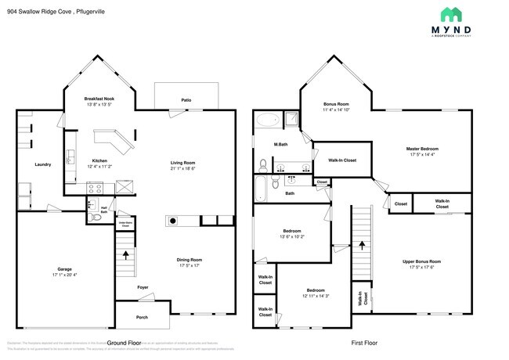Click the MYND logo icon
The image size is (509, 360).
[451, 14]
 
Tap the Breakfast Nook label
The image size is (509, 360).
[99, 99]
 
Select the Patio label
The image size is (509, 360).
[186, 100]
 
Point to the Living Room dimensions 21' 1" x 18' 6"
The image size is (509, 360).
[182, 169]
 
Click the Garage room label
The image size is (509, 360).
[64, 268]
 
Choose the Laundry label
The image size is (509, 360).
[42, 164]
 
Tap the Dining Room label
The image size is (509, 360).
[190, 259]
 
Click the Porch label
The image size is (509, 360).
[142, 317]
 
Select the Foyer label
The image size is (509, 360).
[143, 288]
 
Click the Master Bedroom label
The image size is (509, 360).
[423, 149]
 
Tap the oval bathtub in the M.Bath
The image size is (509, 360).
[268, 121]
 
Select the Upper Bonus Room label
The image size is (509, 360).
[421, 261]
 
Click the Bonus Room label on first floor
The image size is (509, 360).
[336, 104]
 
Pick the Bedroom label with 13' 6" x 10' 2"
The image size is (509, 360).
[291, 232]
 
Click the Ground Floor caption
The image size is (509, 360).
[124, 344]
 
